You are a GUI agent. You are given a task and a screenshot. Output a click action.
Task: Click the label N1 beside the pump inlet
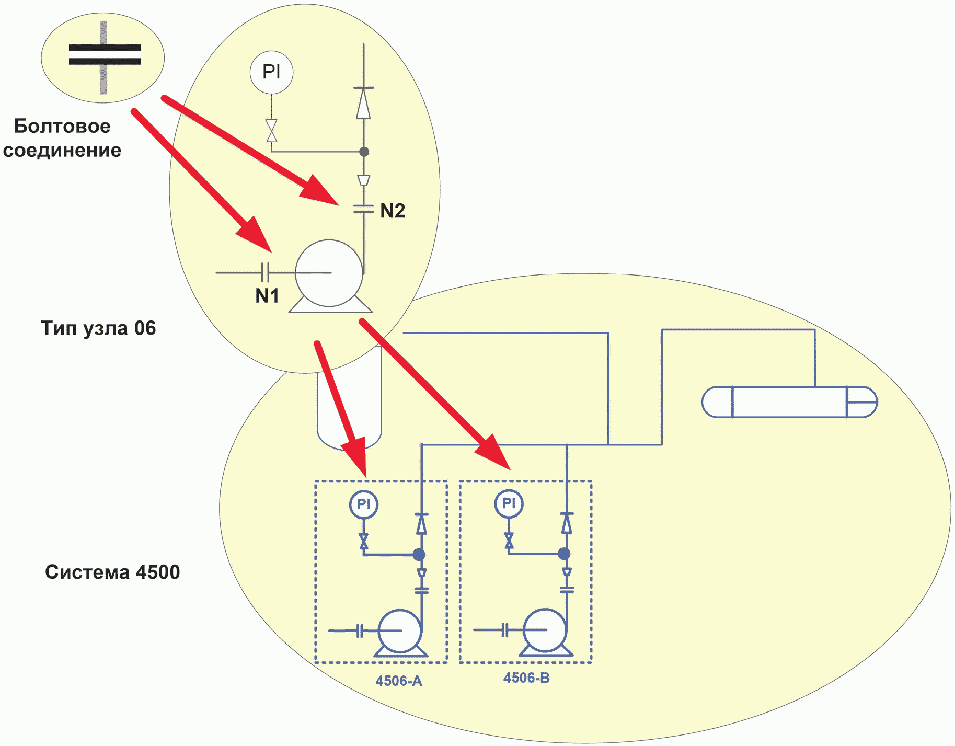pos(267,296)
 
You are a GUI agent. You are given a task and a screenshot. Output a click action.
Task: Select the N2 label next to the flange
pos(393,211)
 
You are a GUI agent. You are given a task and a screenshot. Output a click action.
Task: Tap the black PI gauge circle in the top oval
pos(271,72)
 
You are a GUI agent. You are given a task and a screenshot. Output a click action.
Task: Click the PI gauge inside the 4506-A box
pos(364,504)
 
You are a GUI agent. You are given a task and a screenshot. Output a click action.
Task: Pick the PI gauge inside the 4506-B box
pos(509,503)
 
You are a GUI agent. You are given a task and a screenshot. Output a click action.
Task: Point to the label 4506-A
pos(398,681)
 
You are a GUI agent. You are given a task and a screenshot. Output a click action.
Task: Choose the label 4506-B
pos(526,678)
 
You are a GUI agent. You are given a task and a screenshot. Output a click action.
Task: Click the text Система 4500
pos(112,572)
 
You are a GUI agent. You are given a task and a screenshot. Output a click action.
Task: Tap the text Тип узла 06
pos(98,328)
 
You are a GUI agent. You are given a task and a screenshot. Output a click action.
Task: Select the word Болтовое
pos(62,126)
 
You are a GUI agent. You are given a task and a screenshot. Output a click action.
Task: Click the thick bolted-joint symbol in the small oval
pos(105,55)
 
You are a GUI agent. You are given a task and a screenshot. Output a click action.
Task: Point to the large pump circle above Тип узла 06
pos(329,273)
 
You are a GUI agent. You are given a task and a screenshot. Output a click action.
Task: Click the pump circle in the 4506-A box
pos(400,631)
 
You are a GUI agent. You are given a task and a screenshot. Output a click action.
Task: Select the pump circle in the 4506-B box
pos(545,630)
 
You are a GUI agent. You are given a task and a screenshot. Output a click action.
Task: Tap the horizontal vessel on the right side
pos(789,402)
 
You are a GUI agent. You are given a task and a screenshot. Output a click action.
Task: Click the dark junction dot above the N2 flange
pos(364,152)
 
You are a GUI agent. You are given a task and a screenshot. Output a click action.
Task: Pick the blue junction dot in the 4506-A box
pos(419,554)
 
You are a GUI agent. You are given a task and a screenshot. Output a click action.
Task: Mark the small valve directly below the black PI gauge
pos(271,130)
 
